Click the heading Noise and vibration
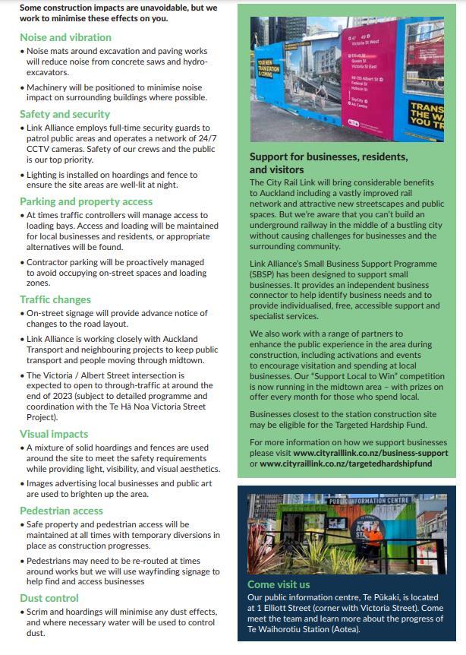65,37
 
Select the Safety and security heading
66,115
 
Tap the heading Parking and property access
86,201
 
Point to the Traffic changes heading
55,299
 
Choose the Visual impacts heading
53,434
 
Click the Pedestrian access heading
61,511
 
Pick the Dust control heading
49,598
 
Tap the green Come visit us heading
279,584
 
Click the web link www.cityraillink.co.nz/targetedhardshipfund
345,463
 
